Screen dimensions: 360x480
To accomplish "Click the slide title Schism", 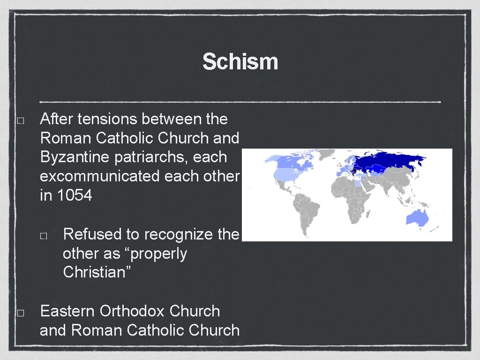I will coord(240,62).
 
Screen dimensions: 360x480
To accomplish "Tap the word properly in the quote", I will coord(158,254).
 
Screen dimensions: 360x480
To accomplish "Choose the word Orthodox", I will coord(132,311).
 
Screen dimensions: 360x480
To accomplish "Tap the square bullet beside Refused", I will coord(43,236).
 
